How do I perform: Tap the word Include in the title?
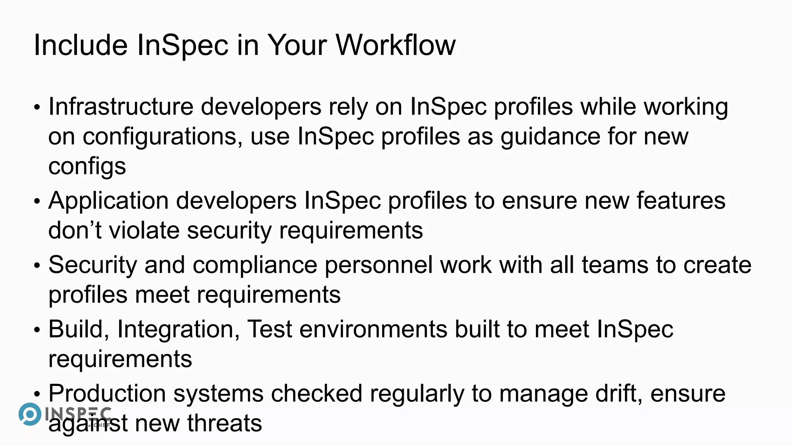click(x=80, y=45)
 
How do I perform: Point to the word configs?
click(x=87, y=167)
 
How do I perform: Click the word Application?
click(x=108, y=201)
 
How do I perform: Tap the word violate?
click(x=144, y=230)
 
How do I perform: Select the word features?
click(x=681, y=201)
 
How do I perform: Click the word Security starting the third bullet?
click(x=93, y=265)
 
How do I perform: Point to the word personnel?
click(x=378, y=265)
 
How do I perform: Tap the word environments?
click(x=373, y=329)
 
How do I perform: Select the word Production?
click(x=107, y=394)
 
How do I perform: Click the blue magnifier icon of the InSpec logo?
click(x=30, y=414)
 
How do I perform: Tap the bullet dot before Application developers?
click(x=37, y=202)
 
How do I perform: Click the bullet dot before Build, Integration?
click(x=37, y=330)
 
